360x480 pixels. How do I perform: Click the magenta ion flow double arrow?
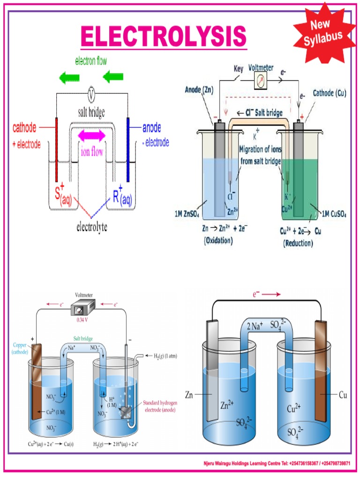point(92,135)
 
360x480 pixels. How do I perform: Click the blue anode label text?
point(152,127)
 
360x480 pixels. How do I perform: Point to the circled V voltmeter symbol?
point(92,94)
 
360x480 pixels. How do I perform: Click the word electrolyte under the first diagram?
point(92,228)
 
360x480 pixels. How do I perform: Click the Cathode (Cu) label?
point(330,93)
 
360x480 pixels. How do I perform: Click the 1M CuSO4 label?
point(334,214)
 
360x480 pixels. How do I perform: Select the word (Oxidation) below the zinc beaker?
point(218,241)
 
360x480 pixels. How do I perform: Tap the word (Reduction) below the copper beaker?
point(299,243)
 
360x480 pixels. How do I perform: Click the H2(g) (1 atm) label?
point(161,356)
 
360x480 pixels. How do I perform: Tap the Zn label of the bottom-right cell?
point(189,395)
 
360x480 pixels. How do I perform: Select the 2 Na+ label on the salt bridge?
point(255,325)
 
